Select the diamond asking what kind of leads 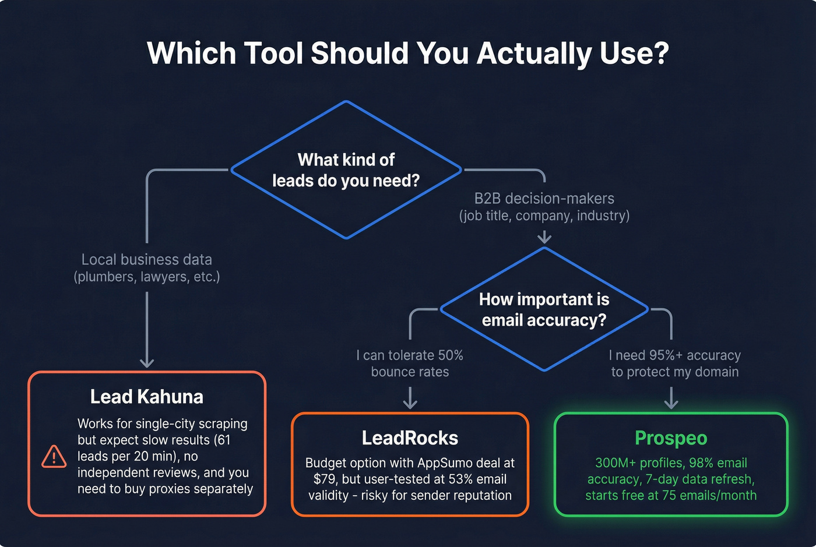point(346,170)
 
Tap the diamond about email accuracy point(544,309)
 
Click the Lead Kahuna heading point(147,397)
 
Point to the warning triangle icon point(54,457)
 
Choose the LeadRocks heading point(410,438)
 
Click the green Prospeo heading point(671,438)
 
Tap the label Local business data point(147,260)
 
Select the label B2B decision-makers point(544,199)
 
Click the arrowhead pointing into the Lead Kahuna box point(147,362)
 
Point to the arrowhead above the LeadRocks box point(410,403)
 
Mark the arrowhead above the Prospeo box point(671,403)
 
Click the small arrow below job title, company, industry point(544,237)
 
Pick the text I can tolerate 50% point(410,355)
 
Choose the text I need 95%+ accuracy point(675,355)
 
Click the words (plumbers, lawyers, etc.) point(147,277)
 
